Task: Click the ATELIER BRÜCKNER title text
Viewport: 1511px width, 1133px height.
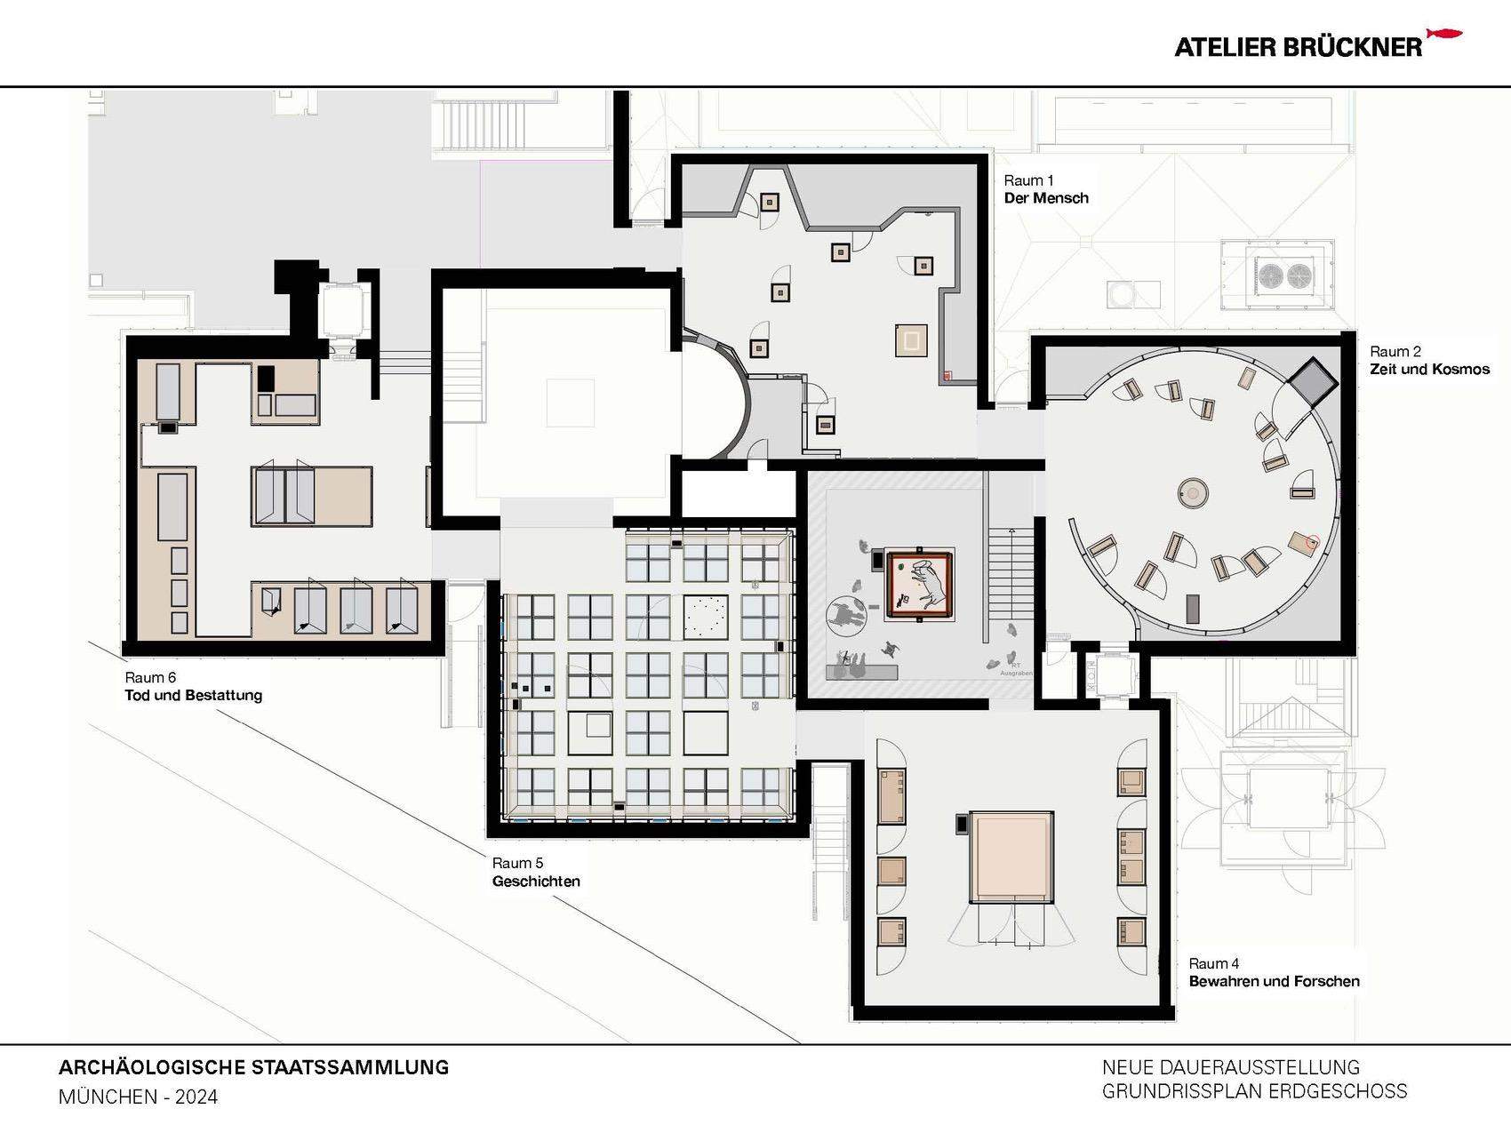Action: pos(1298,48)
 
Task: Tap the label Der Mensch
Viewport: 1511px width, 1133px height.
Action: pos(1046,198)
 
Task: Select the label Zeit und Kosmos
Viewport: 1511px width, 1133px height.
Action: pos(1429,369)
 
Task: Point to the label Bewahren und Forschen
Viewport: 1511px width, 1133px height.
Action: pos(1274,981)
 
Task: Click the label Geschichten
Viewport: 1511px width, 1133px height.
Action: pos(536,881)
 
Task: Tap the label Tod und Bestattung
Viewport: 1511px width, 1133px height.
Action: pos(194,695)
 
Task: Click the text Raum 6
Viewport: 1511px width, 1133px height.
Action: pos(150,677)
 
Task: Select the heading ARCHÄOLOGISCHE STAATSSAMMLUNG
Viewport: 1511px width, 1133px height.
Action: pos(253,1067)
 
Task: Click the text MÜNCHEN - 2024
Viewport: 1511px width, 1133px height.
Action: pos(138,1097)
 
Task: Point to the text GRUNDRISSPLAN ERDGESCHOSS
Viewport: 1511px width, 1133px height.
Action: pos(1254,1090)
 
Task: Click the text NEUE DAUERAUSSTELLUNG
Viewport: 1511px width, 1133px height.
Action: pos(1231,1066)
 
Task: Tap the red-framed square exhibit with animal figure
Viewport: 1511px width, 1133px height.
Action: pos(922,584)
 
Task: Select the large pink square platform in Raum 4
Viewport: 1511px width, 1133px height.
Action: pos(1011,856)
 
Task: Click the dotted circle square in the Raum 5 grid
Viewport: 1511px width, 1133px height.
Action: pos(706,616)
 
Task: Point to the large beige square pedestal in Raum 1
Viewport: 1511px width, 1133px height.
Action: pos(911,340)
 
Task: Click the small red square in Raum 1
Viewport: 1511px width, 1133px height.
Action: pos(947,375)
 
